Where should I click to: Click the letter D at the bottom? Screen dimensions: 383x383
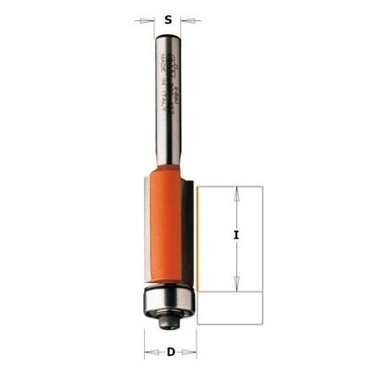click(x=171, y=351)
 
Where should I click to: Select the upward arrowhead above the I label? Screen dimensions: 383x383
click(x=237, y=191)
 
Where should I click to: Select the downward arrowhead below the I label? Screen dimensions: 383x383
click(x=237, y=287)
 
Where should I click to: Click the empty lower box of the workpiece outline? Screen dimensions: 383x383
click(x=230, y=309)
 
